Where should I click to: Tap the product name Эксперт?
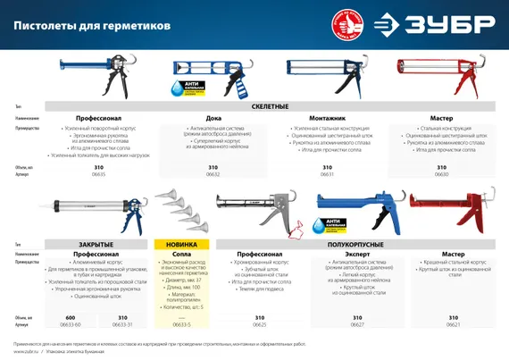click(x=356, y=254)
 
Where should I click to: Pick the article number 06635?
click(x=98, y=175)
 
